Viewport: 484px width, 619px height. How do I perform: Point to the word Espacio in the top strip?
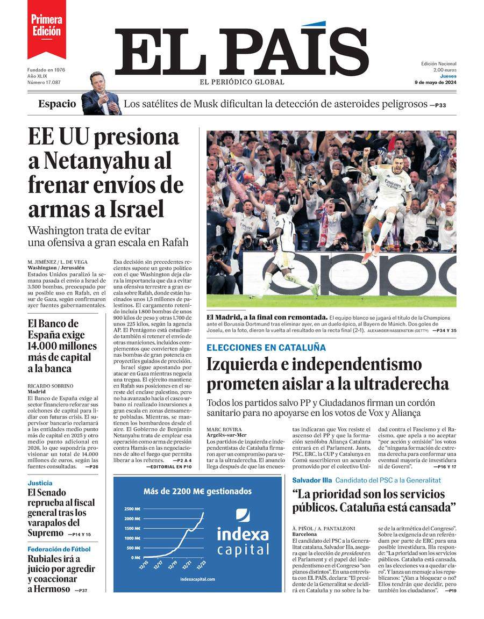point(57,104)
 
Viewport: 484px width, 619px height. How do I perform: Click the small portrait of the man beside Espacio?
point(101,93)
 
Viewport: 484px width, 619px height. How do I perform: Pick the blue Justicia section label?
point(40,483)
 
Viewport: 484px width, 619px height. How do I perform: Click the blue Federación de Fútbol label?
point(59,549)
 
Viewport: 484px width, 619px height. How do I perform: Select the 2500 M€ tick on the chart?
point(132,508)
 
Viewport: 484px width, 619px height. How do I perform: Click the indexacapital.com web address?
point(197,579)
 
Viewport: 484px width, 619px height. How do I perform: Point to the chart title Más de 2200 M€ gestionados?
point(197,491)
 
